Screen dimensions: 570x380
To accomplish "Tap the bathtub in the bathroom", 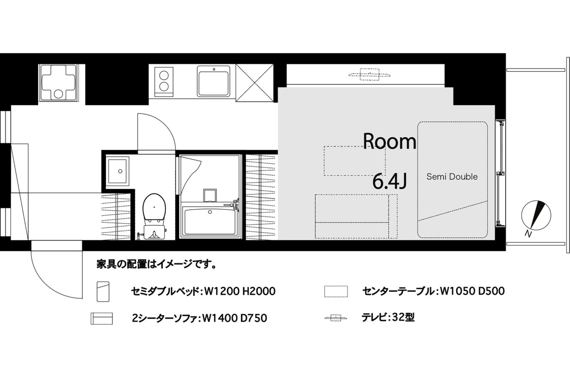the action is (x=210, y=221).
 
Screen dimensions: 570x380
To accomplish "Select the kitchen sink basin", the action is (x=213, y=81).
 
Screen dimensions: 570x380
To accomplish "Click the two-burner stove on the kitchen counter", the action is (x=164, y=82).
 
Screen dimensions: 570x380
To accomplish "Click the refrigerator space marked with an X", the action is (x=255, y=83).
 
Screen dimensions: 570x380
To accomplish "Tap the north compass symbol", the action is (x=536, y=215).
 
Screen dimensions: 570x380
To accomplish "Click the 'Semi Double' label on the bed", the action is (x=452, y=177).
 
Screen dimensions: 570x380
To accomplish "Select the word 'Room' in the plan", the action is (x=389, y=141).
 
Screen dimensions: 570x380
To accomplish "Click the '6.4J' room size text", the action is (x=390, y=181).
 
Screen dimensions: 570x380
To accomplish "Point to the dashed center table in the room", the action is (x=354, y=161).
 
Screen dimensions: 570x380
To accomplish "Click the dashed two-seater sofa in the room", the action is (x=356, y=216).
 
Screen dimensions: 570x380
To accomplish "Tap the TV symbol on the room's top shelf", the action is (x=369, y=75).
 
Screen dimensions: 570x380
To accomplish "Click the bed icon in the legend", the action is (x=103, y=291).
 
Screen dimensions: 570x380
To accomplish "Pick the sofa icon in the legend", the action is (x=102, y=319).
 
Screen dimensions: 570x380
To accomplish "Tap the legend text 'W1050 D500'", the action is (x=472, y=291).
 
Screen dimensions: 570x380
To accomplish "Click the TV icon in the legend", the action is (x=336, y=318).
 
